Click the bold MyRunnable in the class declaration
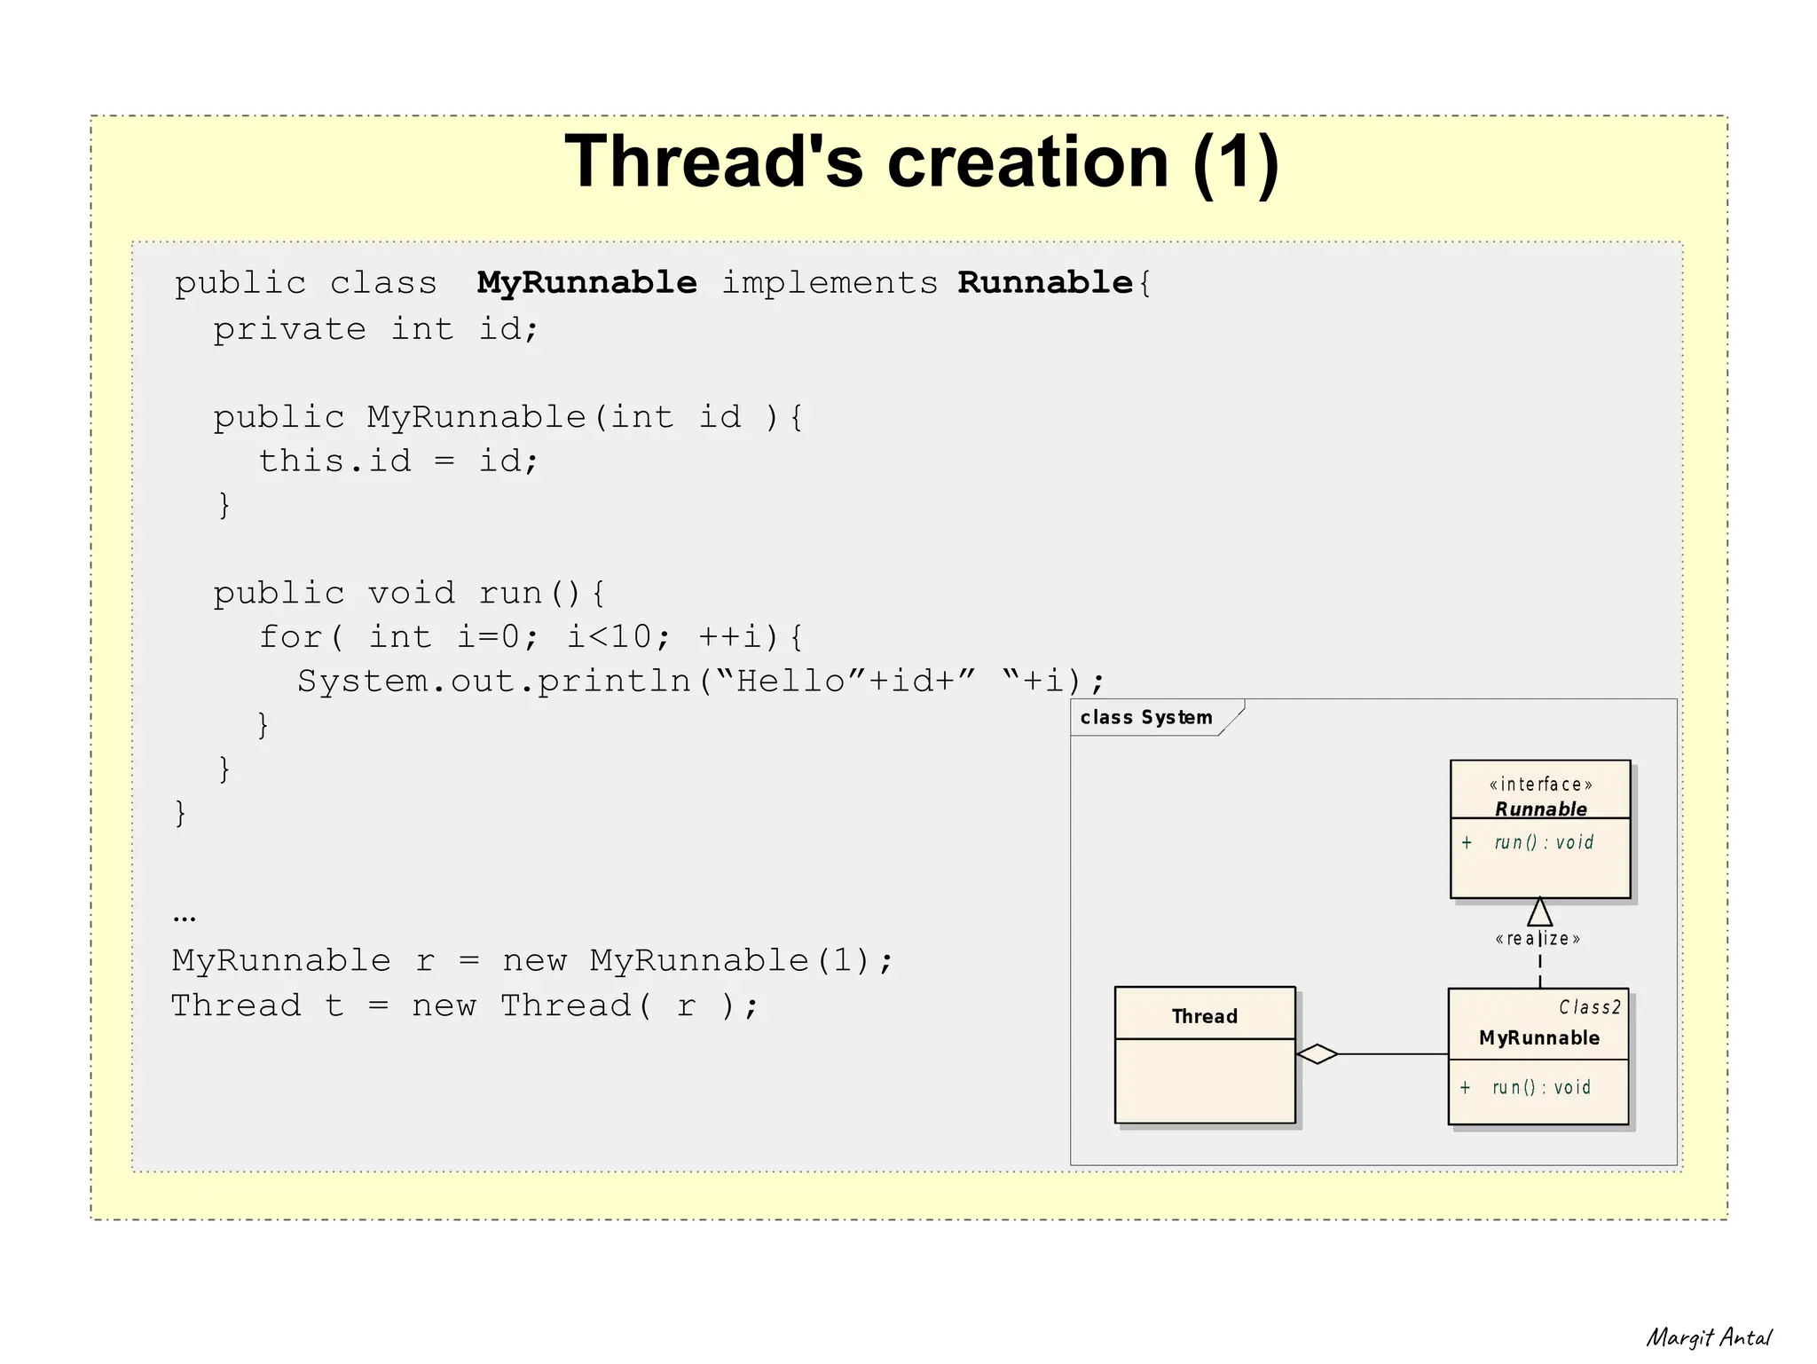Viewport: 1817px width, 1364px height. point(586,283)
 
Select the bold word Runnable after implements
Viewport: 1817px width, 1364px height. point(1045,283)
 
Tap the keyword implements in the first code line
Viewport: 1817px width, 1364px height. point(829,283)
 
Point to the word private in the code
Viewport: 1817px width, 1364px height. point(289,329)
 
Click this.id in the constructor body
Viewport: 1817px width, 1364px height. point(335,461)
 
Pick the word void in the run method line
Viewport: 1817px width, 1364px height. point(412,593)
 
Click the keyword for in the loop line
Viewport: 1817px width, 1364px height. point(290,637)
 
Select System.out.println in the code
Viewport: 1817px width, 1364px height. point(494,682)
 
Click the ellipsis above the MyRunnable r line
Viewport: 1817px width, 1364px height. point(185,918)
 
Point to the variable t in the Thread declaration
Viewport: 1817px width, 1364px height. point(334,1006)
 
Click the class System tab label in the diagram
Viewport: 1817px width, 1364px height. point(1145,717)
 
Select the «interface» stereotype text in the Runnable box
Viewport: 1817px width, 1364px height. point(1540,784)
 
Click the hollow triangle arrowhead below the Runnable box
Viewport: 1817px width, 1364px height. point(1540,912)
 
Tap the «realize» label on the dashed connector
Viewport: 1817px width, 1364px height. point(1538,939)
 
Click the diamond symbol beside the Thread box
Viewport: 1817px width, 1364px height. point(1318,1054)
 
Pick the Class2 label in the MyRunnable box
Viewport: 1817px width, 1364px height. point(1590,1007)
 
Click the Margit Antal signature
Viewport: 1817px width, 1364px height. point(1709,1337)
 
